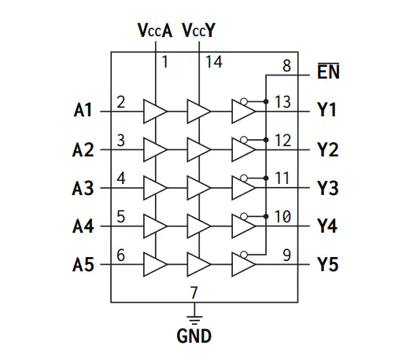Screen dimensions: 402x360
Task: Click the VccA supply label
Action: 155,31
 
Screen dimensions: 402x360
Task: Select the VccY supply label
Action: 199,31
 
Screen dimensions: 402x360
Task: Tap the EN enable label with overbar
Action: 328,71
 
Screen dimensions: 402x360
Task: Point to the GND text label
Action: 194,336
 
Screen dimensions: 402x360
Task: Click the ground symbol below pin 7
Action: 194,320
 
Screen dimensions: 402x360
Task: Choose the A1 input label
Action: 83,110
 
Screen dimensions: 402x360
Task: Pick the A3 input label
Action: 83,188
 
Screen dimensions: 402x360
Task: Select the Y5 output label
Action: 328,264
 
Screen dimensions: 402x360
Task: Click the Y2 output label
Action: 328,149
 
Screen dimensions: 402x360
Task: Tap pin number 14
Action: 214,62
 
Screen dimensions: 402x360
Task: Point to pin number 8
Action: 286,65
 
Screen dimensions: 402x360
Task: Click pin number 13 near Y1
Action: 282,101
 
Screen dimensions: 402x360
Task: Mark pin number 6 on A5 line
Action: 120,255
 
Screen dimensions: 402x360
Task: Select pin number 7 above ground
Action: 194,292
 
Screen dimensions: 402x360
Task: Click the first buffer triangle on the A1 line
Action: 155,112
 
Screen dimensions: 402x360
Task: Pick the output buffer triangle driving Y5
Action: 243,264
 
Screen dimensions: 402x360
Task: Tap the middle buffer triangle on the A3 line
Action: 199,188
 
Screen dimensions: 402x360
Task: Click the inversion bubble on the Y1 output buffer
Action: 244,101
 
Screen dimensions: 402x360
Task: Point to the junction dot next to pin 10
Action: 266,216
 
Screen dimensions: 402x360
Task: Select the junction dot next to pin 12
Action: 266,140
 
